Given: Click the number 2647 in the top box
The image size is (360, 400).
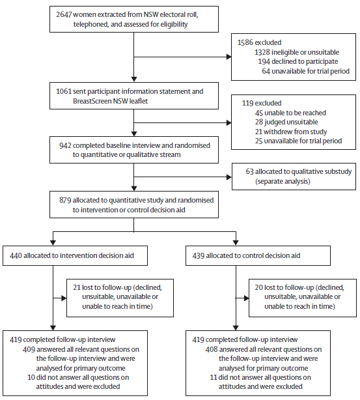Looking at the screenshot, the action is [x=64, y=14].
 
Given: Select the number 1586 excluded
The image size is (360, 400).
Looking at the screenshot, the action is [x=245, y=42].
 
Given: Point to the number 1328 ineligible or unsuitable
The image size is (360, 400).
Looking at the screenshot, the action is [x=262, y=52].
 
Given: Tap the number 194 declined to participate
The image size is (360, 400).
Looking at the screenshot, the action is [x=264, y=61].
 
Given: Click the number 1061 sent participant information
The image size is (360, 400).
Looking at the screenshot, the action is [x=64, y=91].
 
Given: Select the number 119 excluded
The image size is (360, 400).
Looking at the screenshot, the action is [x=247, y=103].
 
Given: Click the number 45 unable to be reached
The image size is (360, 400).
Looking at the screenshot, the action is [x=259, y=113].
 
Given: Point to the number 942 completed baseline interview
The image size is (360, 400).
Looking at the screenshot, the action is [x=65, y=145].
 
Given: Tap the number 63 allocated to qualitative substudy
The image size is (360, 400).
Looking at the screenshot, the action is [x=249, y=171].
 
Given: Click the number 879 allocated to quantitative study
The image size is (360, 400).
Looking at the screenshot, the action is [x=65, y=200].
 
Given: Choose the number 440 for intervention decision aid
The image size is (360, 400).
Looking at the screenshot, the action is [x=16, y=255].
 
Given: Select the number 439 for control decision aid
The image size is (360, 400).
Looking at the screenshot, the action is [x=199, y=255].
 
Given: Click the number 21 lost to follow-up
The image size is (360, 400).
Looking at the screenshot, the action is [x=77, y=287].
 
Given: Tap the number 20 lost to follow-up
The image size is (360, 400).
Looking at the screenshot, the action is [x=259, y=287].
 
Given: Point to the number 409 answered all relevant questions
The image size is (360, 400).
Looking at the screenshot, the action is [x=29, y=349].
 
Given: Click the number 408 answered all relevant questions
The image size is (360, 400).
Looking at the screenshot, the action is [x=212, y=349].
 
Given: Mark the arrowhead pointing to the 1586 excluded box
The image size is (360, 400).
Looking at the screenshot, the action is [x=229, y=57].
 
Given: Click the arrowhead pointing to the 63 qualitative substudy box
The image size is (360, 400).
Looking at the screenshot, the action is [x=229, y=177].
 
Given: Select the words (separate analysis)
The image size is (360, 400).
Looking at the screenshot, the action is [x=283, y=181].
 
